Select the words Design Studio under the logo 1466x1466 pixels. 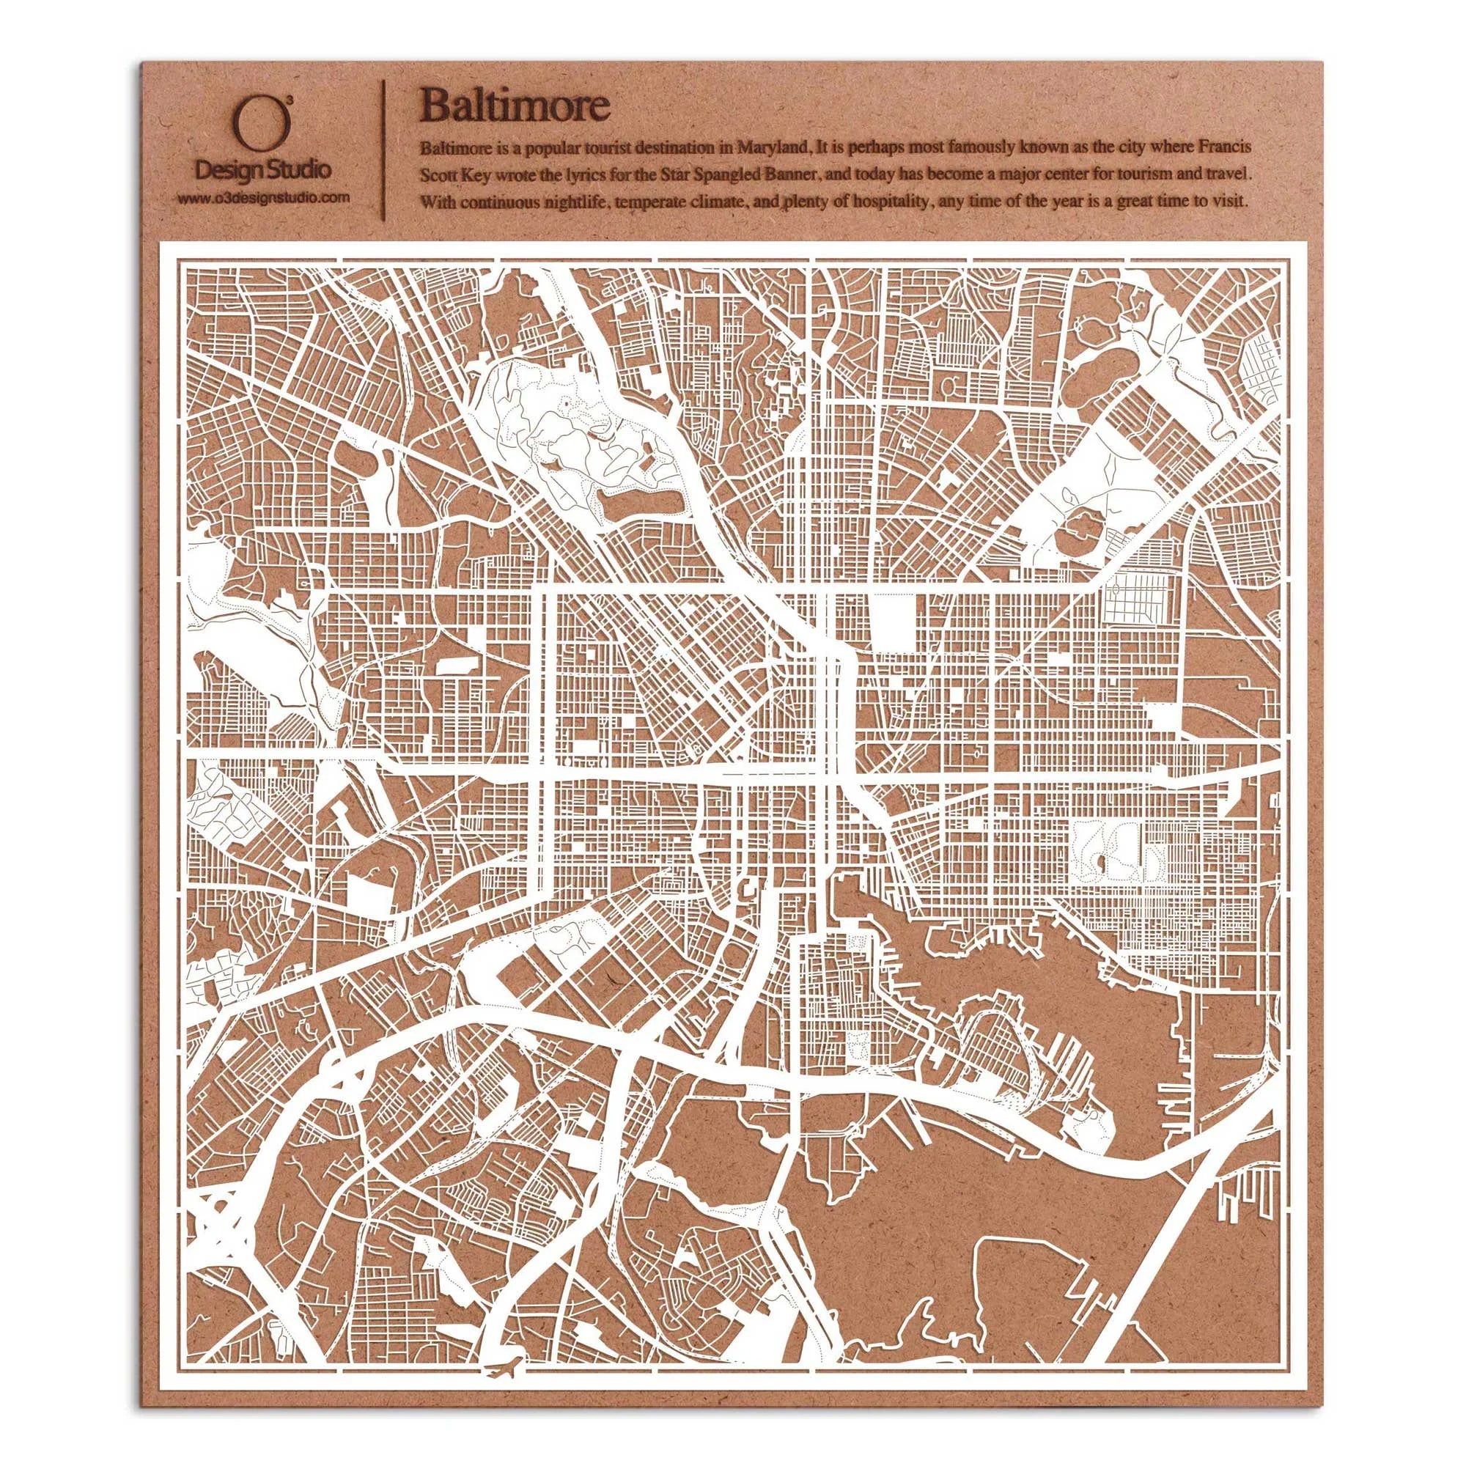[262, 170]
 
